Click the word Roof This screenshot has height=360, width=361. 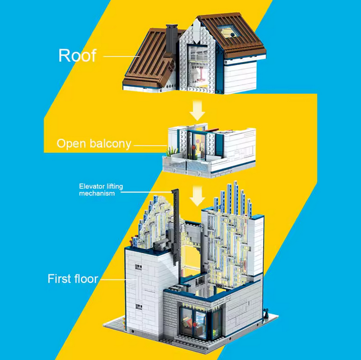point(77,55)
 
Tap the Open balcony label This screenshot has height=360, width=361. point(94,144)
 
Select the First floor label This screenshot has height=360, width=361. point(73,278)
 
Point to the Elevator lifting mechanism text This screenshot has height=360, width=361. point(101,190)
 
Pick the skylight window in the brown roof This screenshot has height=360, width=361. point(229,31)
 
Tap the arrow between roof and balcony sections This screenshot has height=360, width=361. point(197,110)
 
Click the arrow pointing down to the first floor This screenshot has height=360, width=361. point(197,196)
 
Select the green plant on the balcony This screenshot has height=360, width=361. point(171,152)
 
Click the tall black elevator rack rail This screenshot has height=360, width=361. point(176,228)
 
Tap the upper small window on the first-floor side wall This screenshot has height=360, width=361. point(138,267)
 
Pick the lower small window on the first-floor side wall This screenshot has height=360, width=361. point(139,307)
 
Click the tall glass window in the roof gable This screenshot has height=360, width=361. point(198,66)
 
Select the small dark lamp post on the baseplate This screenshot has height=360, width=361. point(267,313)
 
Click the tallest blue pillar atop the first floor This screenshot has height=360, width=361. point(235,197)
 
